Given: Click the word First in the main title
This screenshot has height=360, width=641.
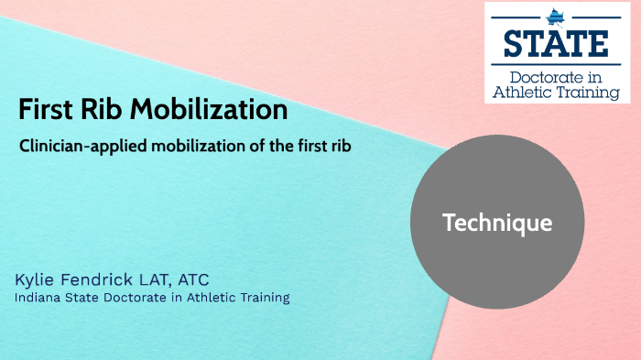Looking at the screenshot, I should click(44, 111).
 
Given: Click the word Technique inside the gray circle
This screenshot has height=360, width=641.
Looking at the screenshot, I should click(497, 222).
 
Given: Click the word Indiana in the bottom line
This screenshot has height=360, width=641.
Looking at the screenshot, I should click(37, 298).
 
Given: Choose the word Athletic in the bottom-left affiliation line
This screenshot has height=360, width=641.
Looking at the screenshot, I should click(202, 298).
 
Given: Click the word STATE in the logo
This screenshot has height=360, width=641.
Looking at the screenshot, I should click(556, 43).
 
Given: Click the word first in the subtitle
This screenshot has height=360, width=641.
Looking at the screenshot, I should click(300, 146).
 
